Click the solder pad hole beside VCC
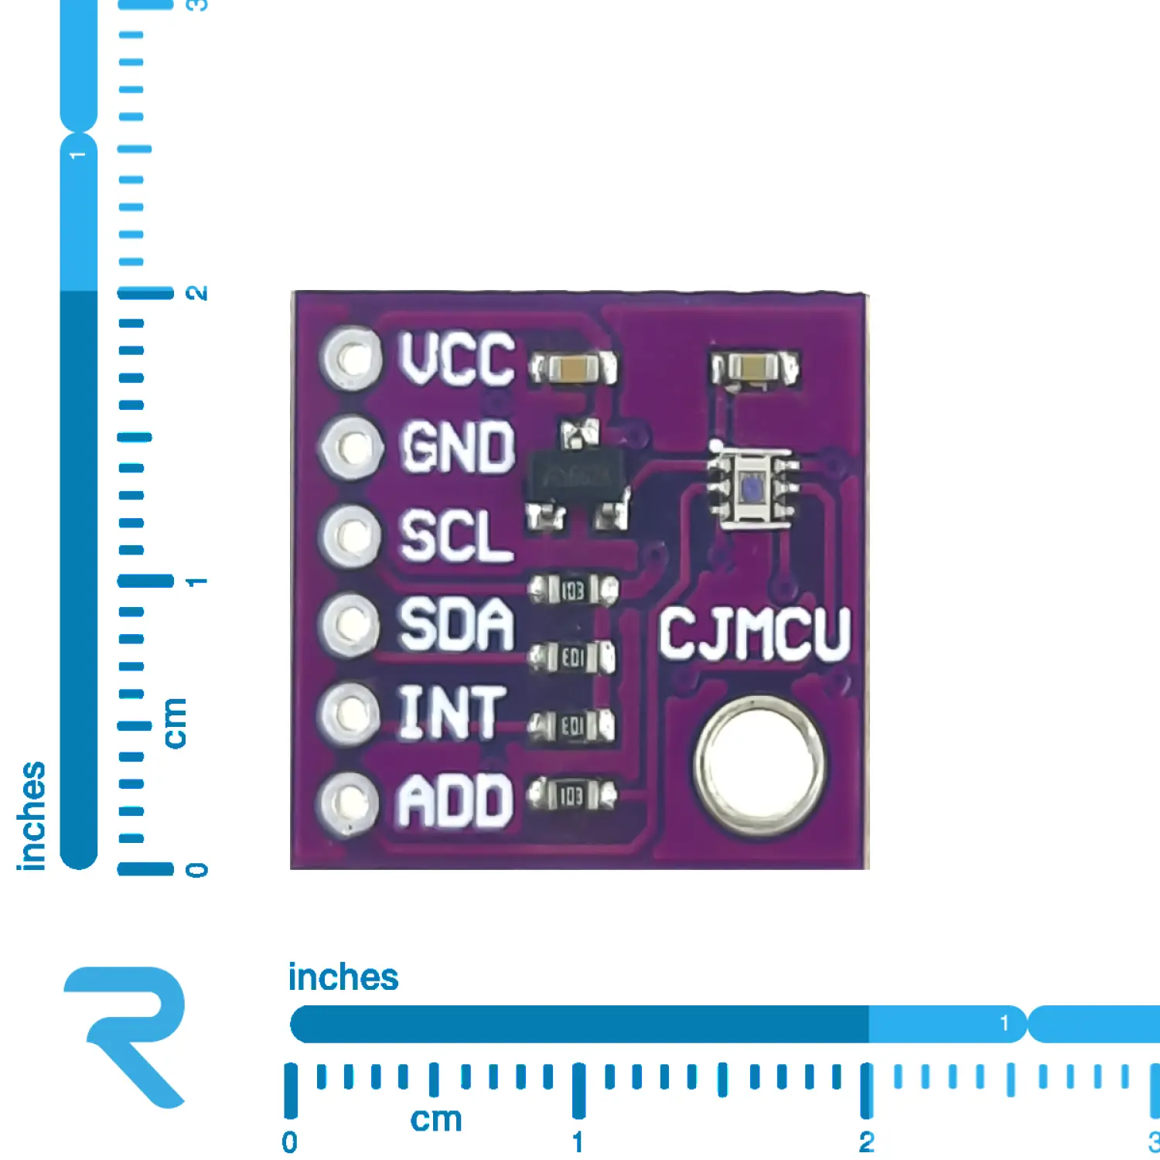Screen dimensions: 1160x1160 pos(352,358)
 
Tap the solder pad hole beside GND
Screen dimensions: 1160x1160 pos(352,447)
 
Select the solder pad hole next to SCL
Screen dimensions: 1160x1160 pos(352,535)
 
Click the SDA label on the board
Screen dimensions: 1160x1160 pos(455,624)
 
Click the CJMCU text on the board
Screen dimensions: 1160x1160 pos(754,634)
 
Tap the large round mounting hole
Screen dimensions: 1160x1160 pos(759,766)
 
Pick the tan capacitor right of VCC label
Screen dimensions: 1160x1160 pos(573,368)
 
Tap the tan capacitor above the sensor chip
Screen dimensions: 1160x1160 pos(755,368)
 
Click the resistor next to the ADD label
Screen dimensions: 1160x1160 pos(571,795)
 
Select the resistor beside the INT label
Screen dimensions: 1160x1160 pos(571,726)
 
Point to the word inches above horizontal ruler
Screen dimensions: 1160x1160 pos(343,977)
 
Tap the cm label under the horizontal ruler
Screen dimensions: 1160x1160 pos(435,1120)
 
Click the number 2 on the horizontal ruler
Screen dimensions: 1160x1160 pos(866,1141)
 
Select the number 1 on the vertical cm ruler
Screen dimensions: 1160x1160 pos(197,581)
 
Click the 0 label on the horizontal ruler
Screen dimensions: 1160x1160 pos(289,1141)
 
